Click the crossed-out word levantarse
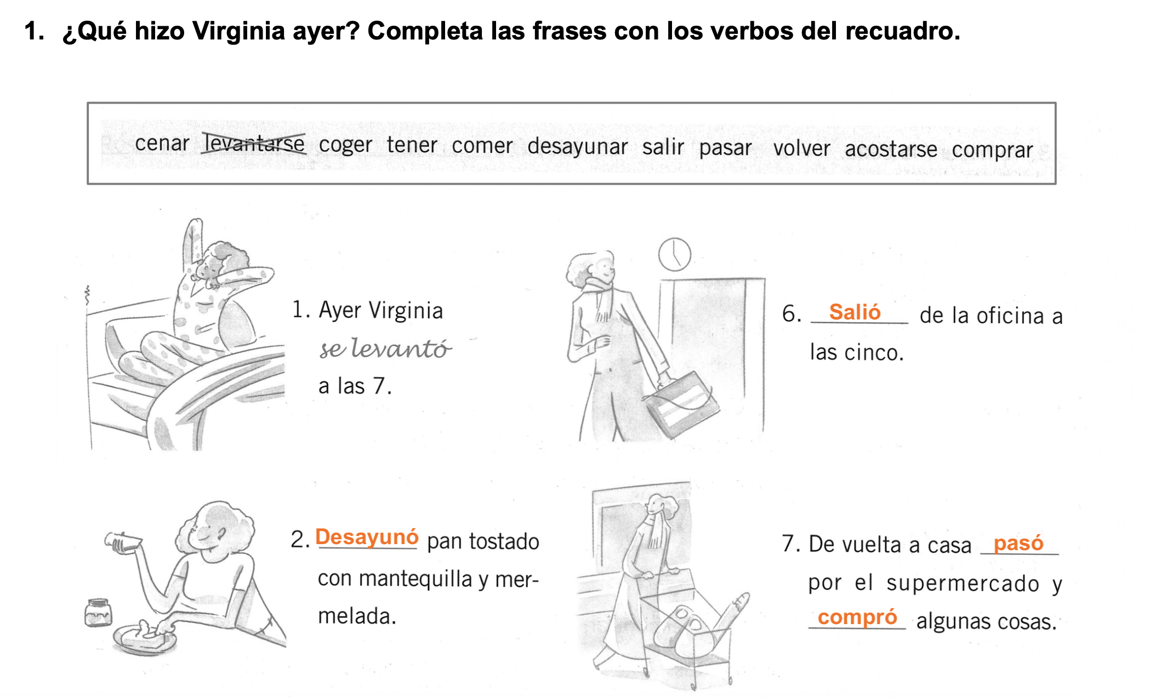click(254, 144)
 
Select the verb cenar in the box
click(162, 143)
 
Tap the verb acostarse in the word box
click(891, 149)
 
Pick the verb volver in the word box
click(801, 148)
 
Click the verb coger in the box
click(345, 145)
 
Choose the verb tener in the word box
click(412, 145)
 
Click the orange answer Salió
click(855, 312)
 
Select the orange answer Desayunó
click(367, 537)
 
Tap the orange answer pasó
click(1018, 543)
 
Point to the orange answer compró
click(857, 617)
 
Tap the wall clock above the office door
click(674, 254)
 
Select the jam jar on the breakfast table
click(98, 612)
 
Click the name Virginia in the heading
click(238, 31)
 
